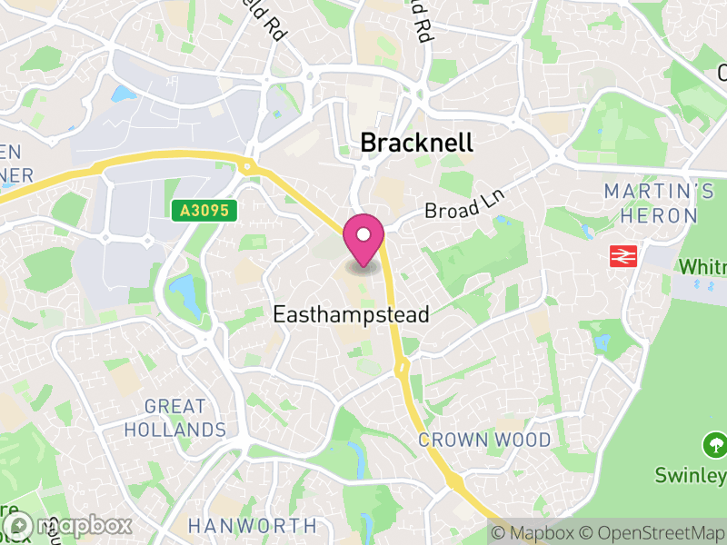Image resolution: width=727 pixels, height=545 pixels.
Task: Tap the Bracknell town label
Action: point(417,143)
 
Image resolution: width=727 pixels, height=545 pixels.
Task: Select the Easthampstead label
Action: point(351,314)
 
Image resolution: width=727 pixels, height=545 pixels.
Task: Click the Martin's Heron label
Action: point(659,203)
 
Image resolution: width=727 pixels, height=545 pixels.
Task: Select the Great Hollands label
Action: point(174,418)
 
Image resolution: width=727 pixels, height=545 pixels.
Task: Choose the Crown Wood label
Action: point(484,441)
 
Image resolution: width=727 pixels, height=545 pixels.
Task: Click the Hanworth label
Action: point(253,525)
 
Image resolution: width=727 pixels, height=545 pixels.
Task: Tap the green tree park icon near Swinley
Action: point(714,445)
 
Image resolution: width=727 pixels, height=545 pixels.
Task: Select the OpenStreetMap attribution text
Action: point(649,531)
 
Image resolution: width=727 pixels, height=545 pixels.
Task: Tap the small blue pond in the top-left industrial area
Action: point(121,94)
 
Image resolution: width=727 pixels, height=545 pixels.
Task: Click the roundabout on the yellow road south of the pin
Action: point(401,367)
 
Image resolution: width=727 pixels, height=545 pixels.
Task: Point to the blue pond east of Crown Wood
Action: point(601,343)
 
